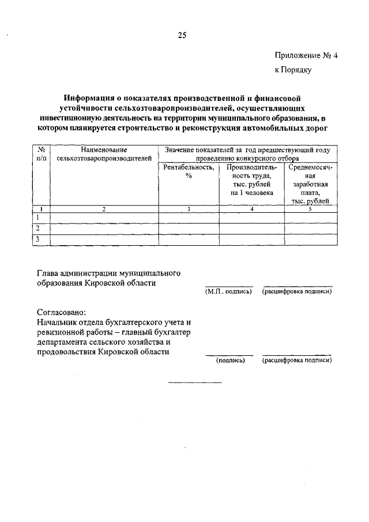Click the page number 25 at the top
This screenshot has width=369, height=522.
[182, 35]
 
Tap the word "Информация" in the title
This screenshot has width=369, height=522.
[91, 99]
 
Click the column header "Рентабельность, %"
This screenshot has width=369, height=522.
[189, 171]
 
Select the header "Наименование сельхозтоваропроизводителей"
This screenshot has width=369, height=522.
[104, 153]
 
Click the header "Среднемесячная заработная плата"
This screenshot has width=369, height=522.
[311, 184]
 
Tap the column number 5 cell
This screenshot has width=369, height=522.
[310, 209]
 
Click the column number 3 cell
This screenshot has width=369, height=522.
[189, 209]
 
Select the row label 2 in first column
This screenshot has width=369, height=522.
[38, 228]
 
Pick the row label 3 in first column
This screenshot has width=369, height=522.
[38, 239]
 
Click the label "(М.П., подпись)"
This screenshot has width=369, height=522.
[228, 292]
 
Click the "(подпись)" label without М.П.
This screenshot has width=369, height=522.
[231, 360]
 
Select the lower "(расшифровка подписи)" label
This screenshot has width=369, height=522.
[298, 360]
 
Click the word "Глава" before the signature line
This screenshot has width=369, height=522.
[48, 272]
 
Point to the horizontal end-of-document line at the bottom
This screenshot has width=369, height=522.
[194, 382]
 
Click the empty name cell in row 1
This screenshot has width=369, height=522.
[104, 217]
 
